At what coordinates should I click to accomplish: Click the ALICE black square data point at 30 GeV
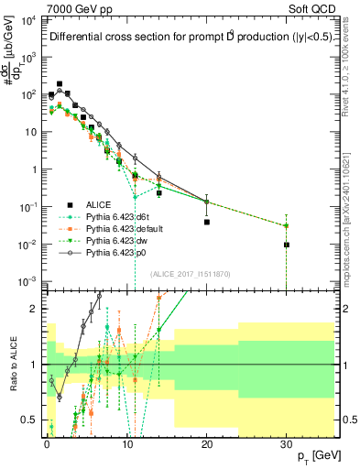point(287,245)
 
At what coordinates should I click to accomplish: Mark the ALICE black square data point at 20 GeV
point(207,222)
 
